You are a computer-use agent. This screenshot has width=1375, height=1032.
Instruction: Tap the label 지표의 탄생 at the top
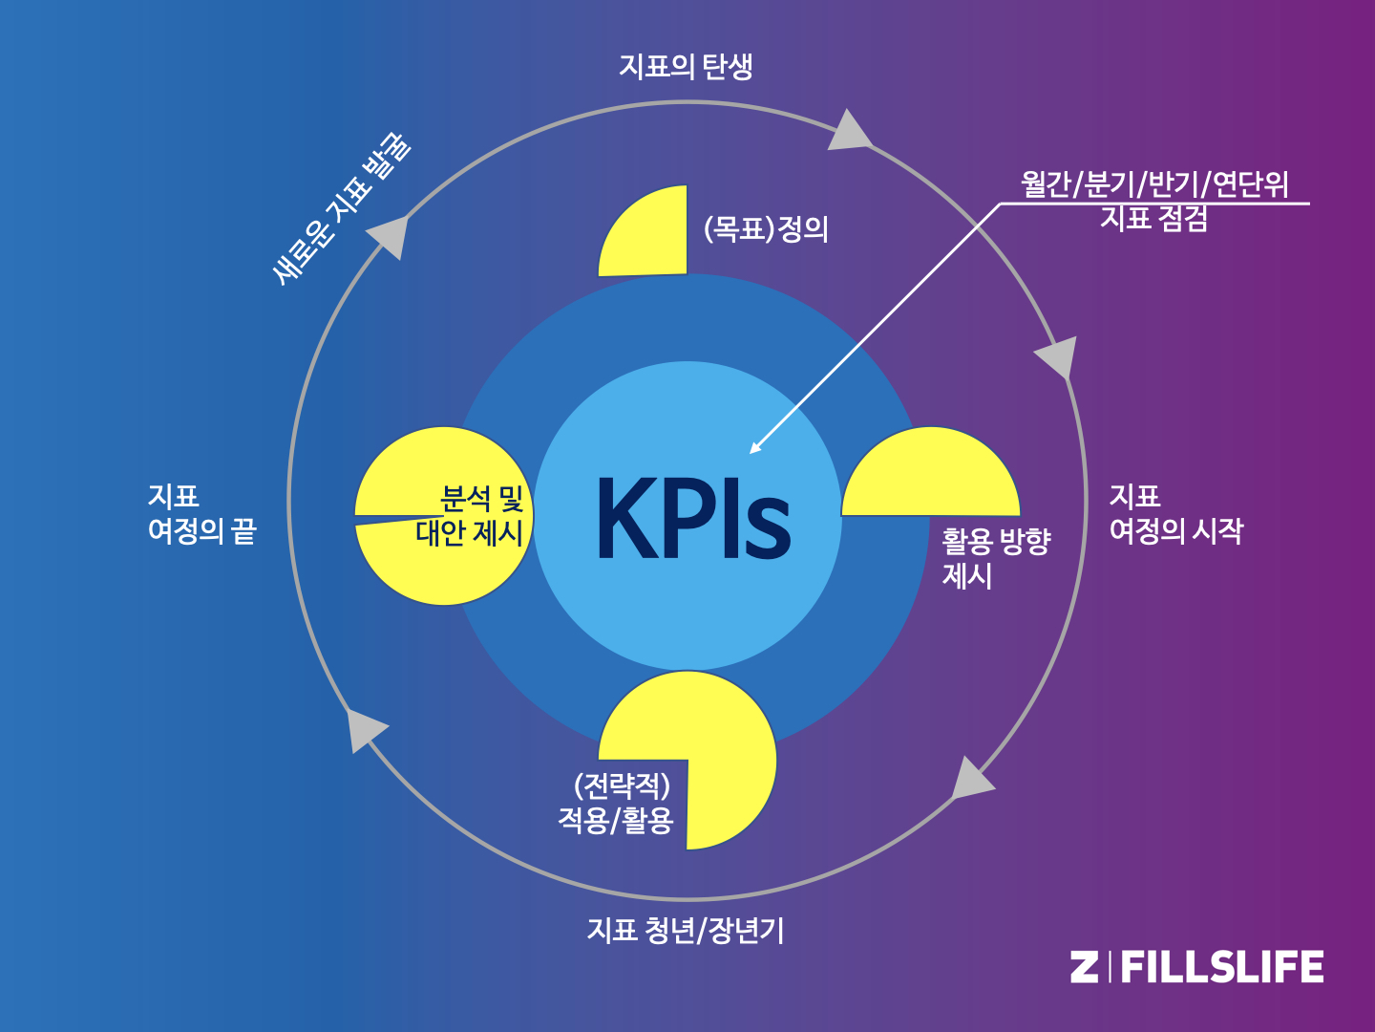(686, 66)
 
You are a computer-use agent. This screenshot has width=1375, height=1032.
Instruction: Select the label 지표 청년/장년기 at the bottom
(686, 930)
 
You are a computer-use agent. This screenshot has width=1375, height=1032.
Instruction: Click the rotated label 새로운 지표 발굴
(341, 209)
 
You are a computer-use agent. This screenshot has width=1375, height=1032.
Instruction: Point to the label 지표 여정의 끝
(201, 514)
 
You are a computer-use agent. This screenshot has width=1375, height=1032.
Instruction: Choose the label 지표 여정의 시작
(1175, 514)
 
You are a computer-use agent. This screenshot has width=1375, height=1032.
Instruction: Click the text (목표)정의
(766, 229)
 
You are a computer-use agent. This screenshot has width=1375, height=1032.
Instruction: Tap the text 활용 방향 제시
(996, 558)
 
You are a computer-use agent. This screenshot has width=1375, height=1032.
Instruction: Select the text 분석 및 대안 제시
(470, 516)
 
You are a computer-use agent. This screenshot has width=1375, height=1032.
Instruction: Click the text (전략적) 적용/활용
(617, 803)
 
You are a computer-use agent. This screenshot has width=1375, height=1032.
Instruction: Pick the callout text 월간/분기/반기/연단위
(1154, 183)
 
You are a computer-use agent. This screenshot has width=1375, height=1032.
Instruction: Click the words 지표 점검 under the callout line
(1154, 219)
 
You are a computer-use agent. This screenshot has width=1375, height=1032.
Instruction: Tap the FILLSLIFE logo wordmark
(1221, 967)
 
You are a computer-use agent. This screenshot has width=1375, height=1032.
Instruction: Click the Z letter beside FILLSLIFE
(1084, 967)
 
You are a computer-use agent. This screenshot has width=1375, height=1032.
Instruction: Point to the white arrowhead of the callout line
(755, 447)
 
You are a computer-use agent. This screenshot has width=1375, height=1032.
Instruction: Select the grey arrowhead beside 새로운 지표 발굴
(390, 235)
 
